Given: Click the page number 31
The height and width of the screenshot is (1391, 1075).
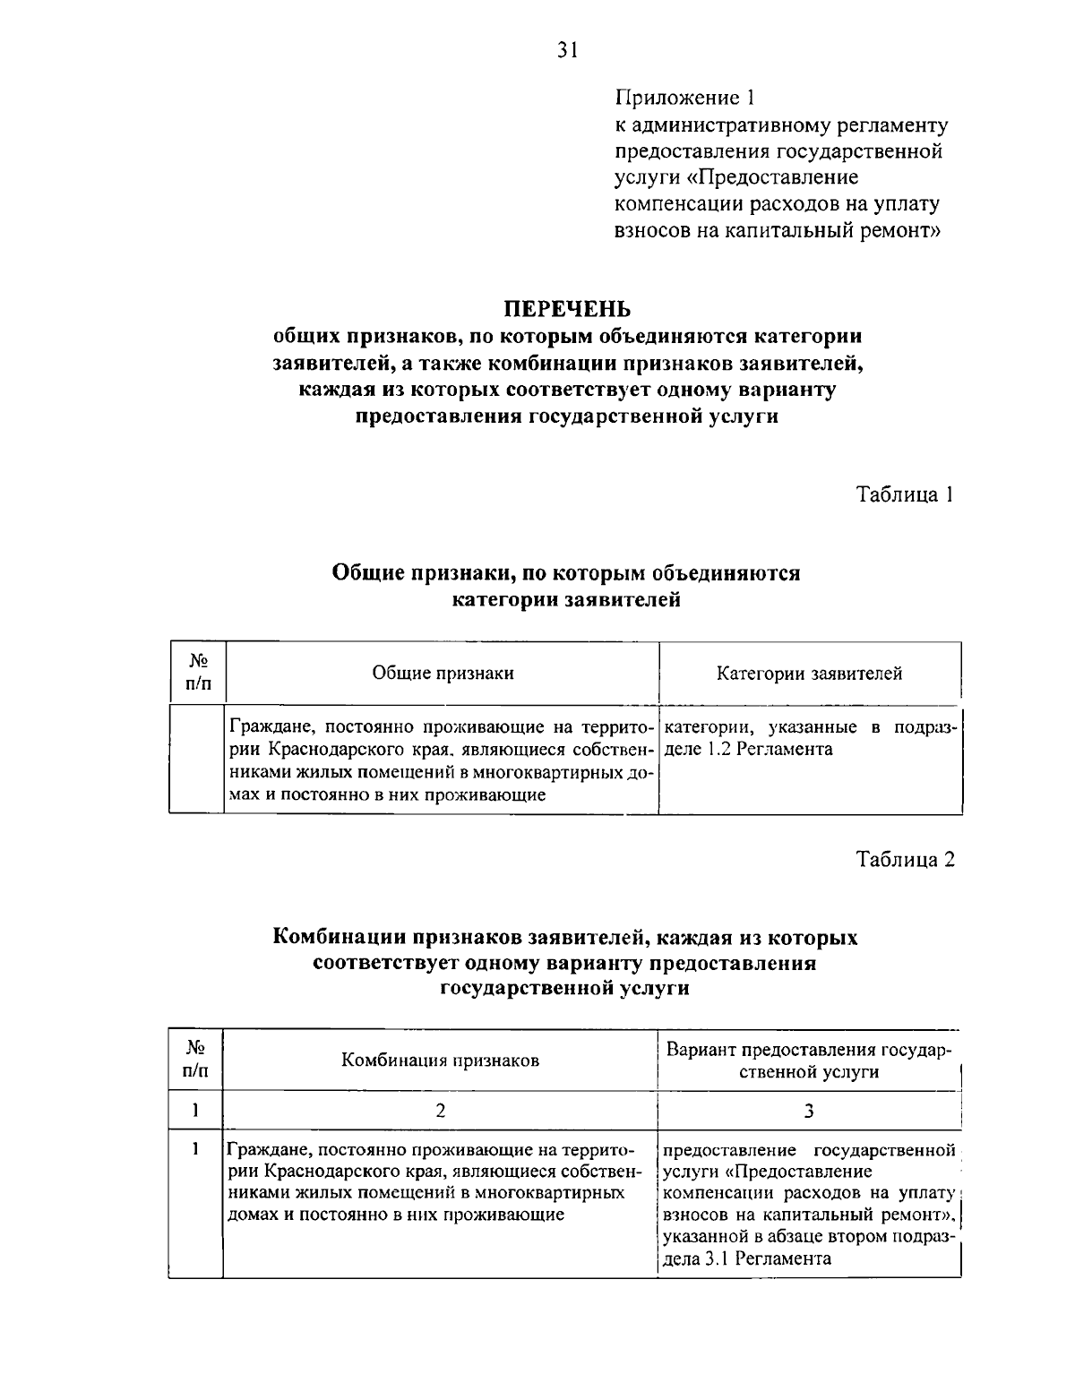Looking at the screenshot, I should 568,50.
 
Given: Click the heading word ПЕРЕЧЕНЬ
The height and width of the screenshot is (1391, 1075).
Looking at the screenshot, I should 566,309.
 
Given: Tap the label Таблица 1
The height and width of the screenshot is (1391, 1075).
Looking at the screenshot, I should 904,494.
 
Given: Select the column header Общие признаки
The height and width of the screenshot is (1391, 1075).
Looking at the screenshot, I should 443,674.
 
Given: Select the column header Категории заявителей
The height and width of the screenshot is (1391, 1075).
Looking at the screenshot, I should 809,674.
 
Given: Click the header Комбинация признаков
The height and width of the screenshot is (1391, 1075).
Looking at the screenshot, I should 440,1060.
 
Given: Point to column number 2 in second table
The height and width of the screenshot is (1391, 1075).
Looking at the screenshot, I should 440,1111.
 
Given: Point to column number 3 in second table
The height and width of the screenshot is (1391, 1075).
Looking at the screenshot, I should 809,1111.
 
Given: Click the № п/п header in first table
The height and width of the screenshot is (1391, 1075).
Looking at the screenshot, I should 199,673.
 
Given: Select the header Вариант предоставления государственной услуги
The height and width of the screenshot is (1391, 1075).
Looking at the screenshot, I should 809,1060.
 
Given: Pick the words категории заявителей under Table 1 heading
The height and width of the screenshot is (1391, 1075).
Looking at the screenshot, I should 565,600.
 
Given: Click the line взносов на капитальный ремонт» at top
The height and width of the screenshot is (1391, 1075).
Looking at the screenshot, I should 777,230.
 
